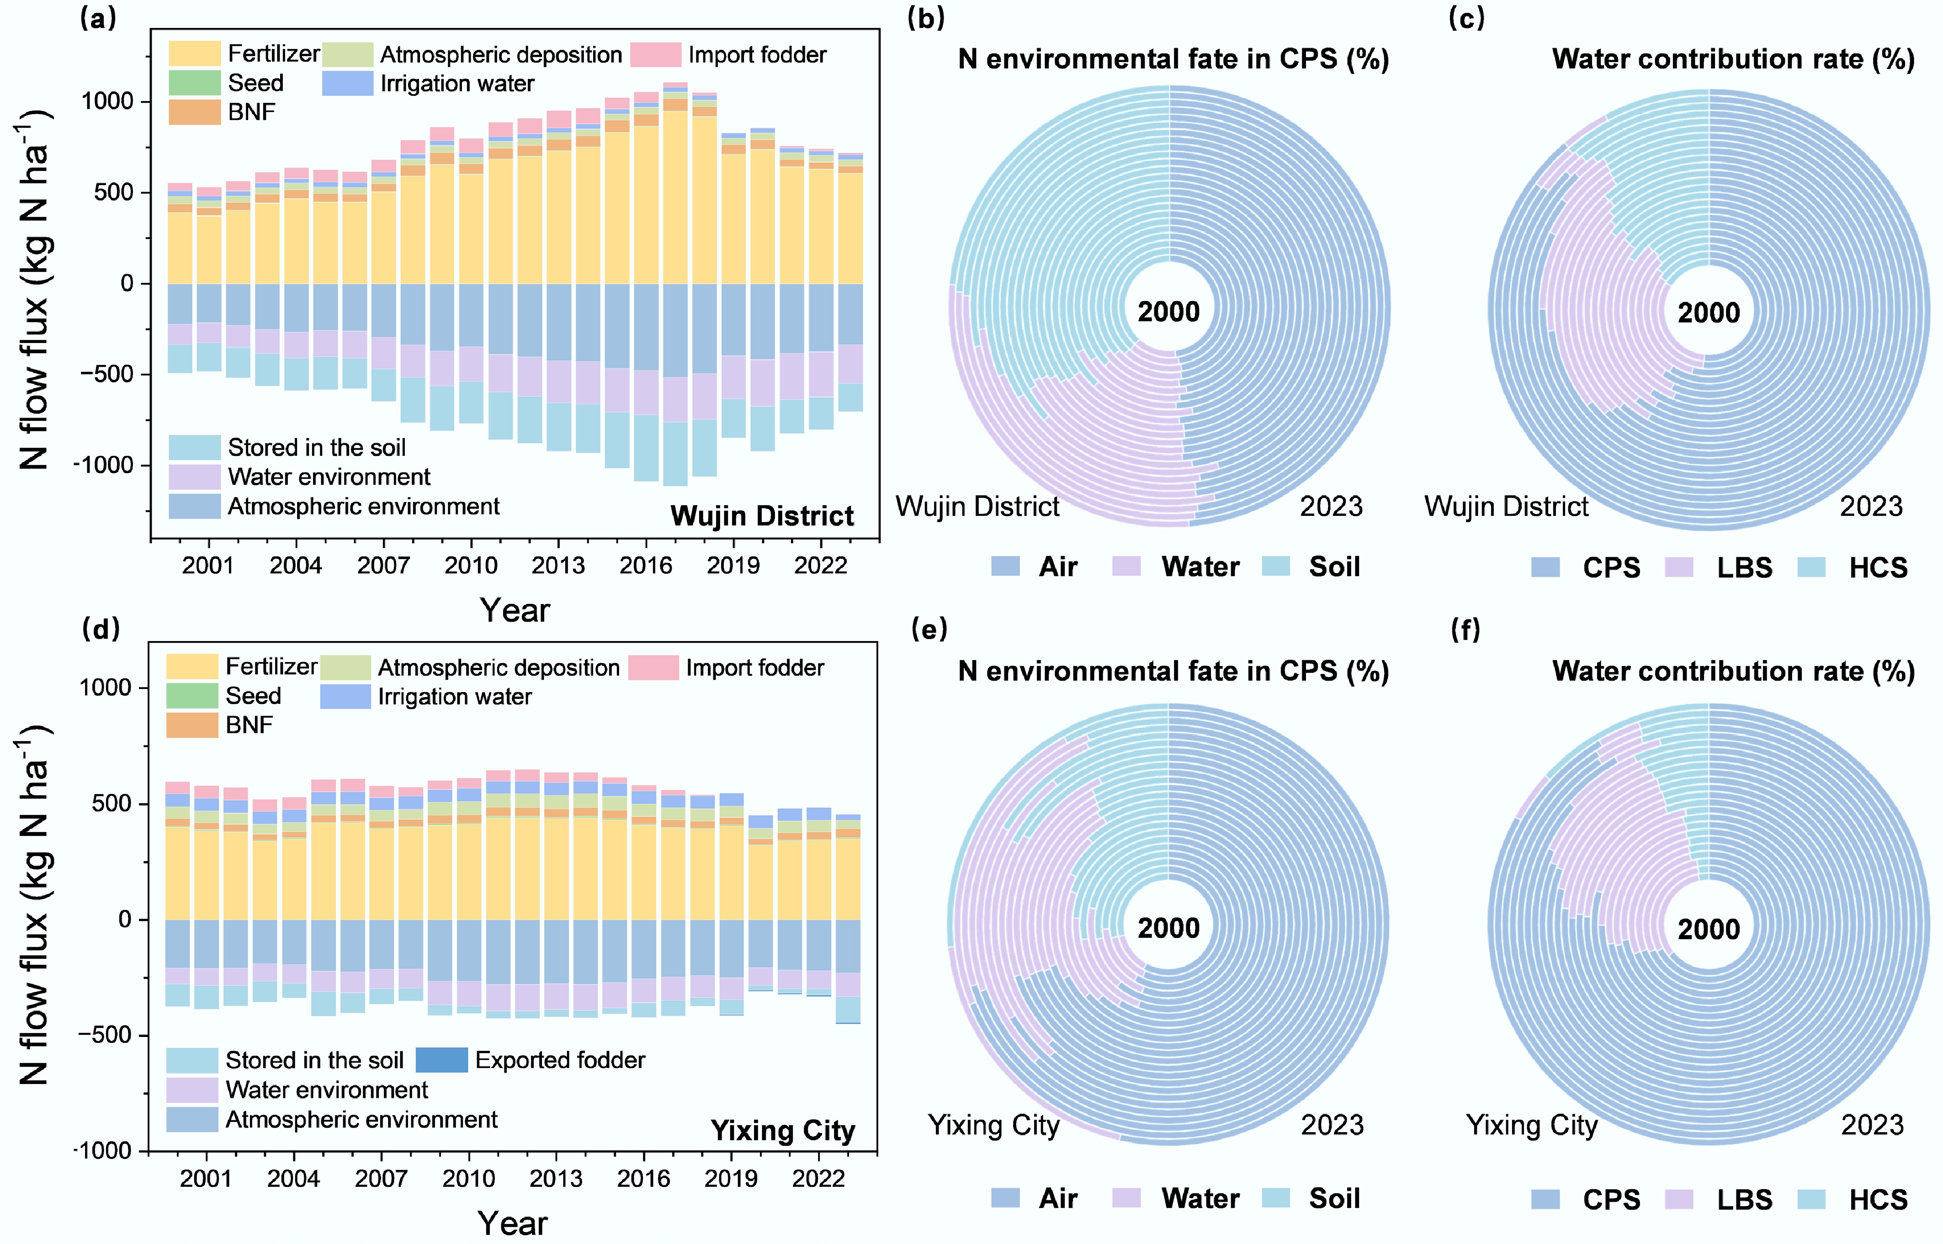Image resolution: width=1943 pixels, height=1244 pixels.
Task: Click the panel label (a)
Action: [x=98, y=18]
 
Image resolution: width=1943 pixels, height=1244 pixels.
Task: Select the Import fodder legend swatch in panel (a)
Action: [x=655, y=55]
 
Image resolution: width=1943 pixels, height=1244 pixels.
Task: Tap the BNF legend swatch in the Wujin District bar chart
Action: [x=194, y=112]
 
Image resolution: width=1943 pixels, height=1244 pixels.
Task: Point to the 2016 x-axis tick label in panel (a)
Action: [x=646, y=566]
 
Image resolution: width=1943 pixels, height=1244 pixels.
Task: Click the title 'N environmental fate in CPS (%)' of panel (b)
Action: [x=1173, y=59]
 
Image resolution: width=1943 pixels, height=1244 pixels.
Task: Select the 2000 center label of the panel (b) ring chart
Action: [x=1168, y=312]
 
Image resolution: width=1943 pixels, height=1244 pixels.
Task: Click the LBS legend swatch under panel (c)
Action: [x=1679, y=567]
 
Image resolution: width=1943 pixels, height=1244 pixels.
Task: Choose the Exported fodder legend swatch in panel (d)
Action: [x=441, y=1060]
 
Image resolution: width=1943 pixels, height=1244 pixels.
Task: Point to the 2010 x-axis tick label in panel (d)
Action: [x=468, y=1179]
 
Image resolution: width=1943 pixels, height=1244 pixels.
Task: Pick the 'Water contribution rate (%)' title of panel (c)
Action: [x=1733, y=59]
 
